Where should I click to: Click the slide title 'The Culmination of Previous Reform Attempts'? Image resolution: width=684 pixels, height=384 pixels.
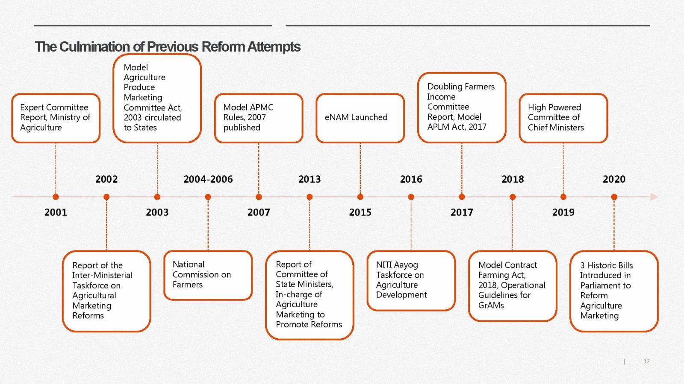tap(168, 47)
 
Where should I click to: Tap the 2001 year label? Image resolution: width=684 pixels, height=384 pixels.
tap(56, 212)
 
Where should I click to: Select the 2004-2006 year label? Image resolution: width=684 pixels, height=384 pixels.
tap(208, 179)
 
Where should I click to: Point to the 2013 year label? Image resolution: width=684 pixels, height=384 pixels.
tap(310, 179)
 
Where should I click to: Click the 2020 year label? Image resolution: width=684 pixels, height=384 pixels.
tap(614, 179)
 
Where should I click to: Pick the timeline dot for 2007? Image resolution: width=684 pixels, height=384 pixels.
tap(259, 197)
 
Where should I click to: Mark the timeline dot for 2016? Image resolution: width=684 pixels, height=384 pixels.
tap(411, 197)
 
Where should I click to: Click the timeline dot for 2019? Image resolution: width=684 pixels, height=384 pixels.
tap(563, 197)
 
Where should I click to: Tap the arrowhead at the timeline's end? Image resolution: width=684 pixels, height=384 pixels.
tap(655, 197)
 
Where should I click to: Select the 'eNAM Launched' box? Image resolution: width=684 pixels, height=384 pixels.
tap(360, 118)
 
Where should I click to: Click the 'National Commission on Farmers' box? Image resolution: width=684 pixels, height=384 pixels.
tap(208, 275)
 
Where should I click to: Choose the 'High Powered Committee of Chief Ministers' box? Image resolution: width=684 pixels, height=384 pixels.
tap(563, 118)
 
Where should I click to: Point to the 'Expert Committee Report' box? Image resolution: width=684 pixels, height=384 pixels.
tap(56, 118)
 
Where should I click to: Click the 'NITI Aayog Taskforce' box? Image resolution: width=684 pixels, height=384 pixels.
tap(411, 281)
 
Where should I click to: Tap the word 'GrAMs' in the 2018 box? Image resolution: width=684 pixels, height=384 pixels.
tap(491, 305)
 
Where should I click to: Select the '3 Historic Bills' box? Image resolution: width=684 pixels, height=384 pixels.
tap(614, 291)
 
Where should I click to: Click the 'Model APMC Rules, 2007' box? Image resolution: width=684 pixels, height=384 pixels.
tap(259, 118)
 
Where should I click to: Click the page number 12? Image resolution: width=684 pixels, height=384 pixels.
tap(646, 361)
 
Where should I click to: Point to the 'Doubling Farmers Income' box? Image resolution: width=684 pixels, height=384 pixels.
tap(462, 107)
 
